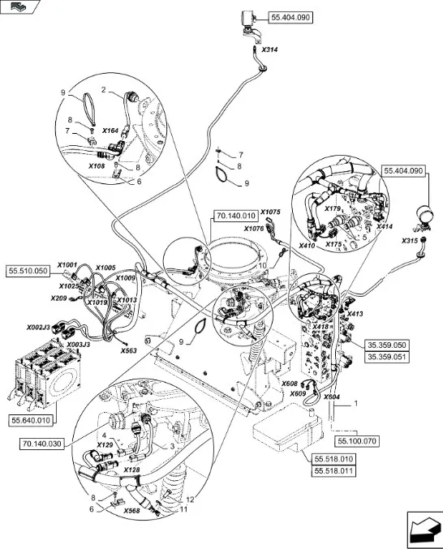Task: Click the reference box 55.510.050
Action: [x=28, y=271]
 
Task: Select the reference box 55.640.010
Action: [x=31, y=420]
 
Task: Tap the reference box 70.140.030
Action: [x=42, y=444]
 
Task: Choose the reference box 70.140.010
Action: [x=235, y=216]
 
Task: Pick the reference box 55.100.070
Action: [x=357, y=441]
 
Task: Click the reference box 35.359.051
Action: [x=387, y=357]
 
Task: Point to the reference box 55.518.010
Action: [x=333, y=459]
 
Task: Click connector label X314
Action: [x=269, y=49]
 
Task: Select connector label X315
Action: [x=410, y=241]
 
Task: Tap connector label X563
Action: [x=128, y=350]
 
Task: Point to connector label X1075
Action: [x=270, y=212]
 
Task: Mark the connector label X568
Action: [x=131, y=511]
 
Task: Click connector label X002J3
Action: [x=38, y=328]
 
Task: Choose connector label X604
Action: [x=331, y=397]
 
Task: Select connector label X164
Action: [x=110, y=131]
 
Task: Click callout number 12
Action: [x=190, y=500]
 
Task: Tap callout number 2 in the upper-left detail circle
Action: [x=104, y=90]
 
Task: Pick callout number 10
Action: [x=262, y=265]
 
